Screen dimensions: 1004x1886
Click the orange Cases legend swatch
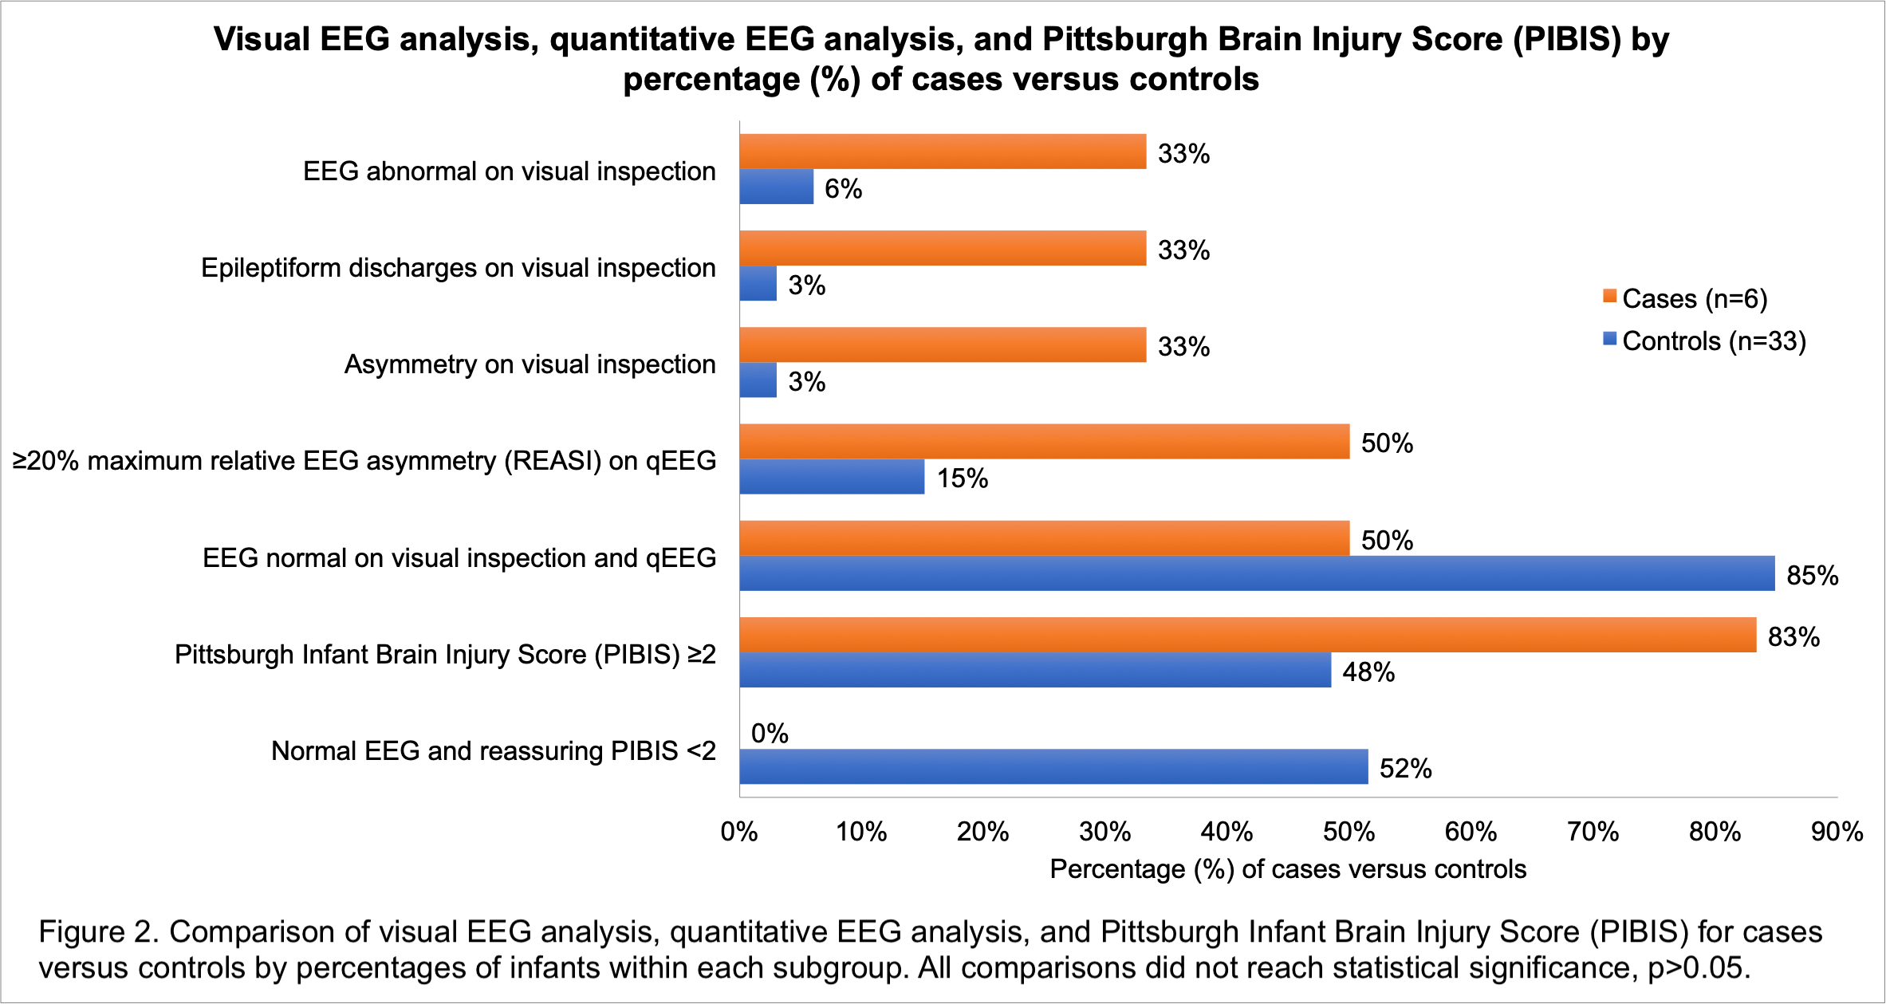click(1609, 297)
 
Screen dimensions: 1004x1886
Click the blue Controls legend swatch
click(1609, 340)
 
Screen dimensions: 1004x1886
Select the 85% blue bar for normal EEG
click(1257, 573)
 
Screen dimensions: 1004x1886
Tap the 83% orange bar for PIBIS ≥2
click(1247, 635)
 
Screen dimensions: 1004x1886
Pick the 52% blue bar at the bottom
click(1053, 766)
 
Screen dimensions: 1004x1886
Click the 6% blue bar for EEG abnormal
click(776, 187)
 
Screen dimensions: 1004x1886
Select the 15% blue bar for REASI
click(832, 477)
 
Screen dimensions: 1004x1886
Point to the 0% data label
click(770, 733)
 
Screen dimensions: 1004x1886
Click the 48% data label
click(1368, 672)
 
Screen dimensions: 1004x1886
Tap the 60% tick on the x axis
click(1471, 832)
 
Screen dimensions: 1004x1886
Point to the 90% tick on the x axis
click(1837, 832)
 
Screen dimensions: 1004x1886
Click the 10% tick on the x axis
click(861, 832)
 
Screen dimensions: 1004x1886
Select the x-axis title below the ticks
click(1288, 869)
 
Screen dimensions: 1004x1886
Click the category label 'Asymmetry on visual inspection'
click(530, 364)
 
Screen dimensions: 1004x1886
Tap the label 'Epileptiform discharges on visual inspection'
click(458, 268)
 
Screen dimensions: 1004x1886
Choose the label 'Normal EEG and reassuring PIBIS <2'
click(493, 751)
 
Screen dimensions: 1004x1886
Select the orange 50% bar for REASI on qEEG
click(1044, 442)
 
